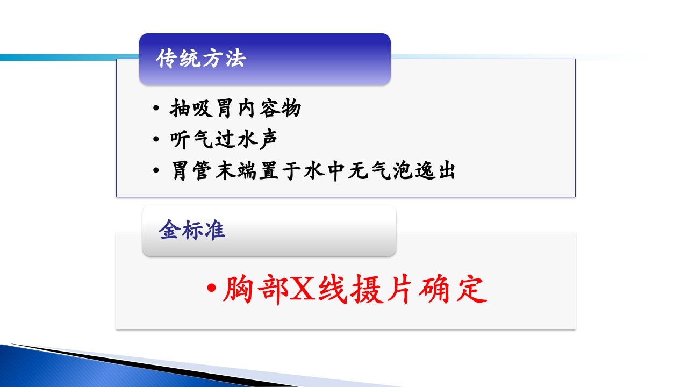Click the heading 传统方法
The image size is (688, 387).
(200, 59)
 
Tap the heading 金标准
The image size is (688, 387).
(192, 230)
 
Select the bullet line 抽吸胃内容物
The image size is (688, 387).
(235, 109)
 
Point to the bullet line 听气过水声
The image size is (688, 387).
(224, 140)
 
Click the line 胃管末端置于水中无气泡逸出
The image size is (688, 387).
(313, 171)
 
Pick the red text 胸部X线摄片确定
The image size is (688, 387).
(354, 291)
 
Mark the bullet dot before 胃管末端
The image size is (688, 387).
(156, 171)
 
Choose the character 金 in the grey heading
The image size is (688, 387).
(169, 230)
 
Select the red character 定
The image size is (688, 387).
(471, 291)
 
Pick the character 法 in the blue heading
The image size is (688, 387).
(234, 59)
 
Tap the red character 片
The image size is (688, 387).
(397, 291)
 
